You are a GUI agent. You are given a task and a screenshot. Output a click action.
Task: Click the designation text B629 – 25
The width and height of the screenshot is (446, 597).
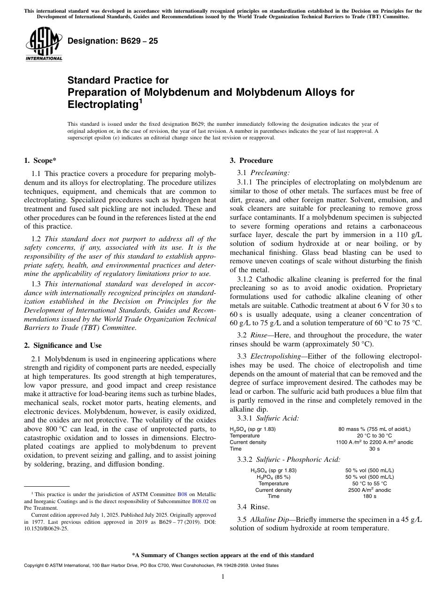(113, 41)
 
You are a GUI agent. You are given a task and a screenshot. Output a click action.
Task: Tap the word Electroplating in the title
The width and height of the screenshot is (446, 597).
(103, 104)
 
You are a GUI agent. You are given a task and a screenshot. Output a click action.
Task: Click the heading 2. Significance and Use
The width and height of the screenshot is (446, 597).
(62, 345)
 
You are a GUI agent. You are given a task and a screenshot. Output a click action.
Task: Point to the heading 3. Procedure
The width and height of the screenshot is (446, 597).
(251, 161)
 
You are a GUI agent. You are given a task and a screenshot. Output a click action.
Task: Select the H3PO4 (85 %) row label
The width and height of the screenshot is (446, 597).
(273, 477)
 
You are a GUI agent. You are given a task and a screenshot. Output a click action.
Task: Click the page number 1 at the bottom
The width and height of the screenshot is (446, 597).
(223, 577)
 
